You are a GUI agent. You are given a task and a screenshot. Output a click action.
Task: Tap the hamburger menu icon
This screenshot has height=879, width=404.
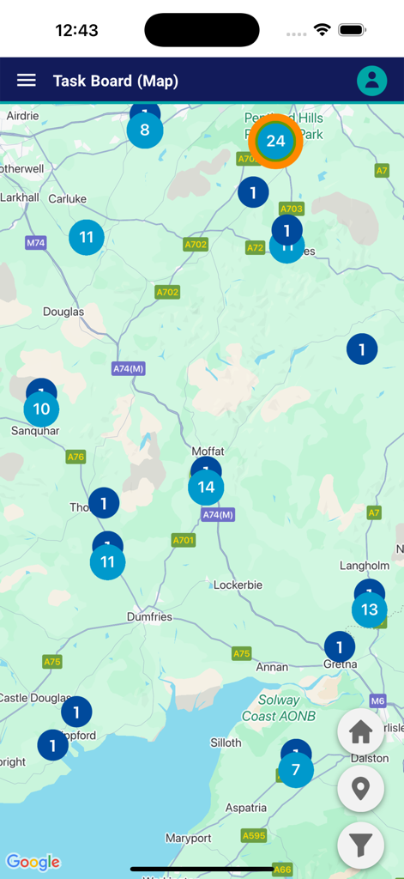click(x=27, y=80)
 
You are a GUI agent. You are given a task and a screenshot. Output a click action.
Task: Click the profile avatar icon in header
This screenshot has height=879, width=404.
click(x=372, y=80)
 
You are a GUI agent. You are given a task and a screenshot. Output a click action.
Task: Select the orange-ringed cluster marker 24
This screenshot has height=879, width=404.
click(x=275, y=142)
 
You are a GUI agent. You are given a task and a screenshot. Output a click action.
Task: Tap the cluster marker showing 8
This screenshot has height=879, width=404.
click(x=144, y=130)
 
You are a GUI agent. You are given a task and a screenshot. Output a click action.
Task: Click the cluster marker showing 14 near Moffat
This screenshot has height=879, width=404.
click(x=206, y=488)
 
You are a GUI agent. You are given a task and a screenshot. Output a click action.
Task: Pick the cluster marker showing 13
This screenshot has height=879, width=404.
click(x=369, y=610)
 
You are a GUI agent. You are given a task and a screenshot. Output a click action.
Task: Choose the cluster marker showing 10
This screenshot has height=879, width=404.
click(x=41, y=409)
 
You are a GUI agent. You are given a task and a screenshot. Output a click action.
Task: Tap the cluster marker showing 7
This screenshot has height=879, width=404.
click(x=296, y=770)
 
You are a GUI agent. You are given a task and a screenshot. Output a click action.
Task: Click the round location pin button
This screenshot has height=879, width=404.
click(x=360, y=788)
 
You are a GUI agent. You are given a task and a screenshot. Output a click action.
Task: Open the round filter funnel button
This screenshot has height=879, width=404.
click(x=360, y=845)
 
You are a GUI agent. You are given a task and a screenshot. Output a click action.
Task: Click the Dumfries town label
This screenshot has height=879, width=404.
click(x=149, y=616)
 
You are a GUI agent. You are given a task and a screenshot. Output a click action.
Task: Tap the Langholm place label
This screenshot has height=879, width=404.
click(x=365, y=566)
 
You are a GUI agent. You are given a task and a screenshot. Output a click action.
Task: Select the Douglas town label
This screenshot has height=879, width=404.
click(x=63, y=312)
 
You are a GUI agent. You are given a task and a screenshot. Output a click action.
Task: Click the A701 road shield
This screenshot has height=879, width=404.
click(x=184, y=540)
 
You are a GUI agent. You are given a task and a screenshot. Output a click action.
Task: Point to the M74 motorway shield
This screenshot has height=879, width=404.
click(x=35, y=243)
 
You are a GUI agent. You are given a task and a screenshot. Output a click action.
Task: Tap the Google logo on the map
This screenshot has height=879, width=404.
click(x=33, y=862)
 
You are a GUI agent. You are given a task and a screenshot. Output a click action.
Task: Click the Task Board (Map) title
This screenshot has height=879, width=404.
click(x=116, y=81)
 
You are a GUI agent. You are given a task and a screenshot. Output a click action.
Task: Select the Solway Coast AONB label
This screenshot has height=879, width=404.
click(x=279, y=708)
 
